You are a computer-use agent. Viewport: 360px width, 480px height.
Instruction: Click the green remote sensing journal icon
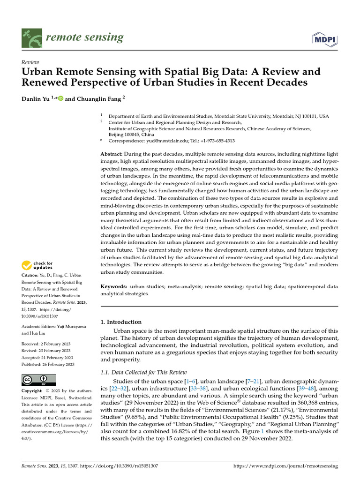pyautogui.click(x=32, y=37)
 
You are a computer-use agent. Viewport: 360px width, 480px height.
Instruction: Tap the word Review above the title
pyautogui.click(x=30, y=62)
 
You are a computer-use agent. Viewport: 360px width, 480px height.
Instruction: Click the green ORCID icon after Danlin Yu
pyautogui.click(x=60, y=99)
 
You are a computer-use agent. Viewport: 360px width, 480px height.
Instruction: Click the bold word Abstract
pyautogui.click(x=112, y=154)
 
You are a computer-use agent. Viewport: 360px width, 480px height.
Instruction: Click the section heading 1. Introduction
pyautogui.click(x=121, y=322)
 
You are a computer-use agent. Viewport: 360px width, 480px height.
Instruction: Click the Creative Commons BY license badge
pyautogui.click(x=39, y=380)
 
